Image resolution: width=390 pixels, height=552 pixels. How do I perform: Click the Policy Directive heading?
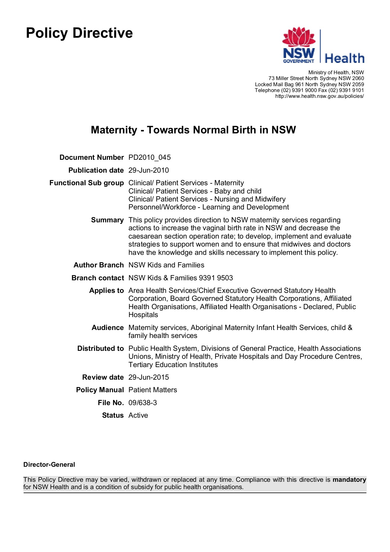point(79,33)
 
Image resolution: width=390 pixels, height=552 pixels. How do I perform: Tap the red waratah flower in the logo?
point(299,37)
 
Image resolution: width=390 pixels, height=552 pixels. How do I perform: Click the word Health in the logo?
point(344,58)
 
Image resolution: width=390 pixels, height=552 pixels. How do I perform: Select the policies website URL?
point(319,96)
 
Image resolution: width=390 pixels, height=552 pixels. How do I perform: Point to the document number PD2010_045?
point(150,158)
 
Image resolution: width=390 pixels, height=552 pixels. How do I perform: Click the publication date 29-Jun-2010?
point(149,171)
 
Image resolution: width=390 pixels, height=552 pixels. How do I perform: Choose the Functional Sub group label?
point(87,183)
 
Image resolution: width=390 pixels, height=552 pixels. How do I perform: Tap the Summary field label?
point(107,220)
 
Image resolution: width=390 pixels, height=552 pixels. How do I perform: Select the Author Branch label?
point(98,265)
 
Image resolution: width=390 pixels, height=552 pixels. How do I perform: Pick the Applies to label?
point(106,291)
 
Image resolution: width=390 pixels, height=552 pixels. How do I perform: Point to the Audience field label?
point(108,328)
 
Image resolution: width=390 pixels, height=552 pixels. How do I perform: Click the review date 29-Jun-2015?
point(149,378)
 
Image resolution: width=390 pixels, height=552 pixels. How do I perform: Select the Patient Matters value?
point(153,390)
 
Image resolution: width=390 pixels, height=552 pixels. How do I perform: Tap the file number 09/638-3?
point(143,403)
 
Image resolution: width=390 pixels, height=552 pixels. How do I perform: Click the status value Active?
point(138,416)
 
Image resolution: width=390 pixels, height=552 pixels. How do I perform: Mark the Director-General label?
point(49,465)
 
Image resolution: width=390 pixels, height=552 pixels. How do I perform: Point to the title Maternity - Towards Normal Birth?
point(193,130)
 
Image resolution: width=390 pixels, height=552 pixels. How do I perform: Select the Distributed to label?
point(101,349)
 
